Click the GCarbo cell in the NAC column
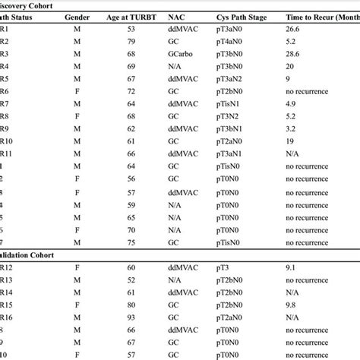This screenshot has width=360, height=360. [x=181, y=55]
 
